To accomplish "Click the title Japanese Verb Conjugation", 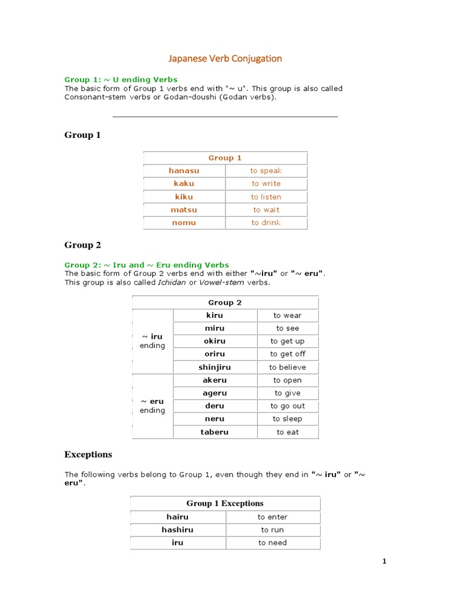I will click(225, 58).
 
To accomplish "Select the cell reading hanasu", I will click(184, 171).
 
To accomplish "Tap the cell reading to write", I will click(266, 184).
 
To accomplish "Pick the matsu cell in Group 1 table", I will click(184, 210).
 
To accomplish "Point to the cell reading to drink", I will click(266, 222).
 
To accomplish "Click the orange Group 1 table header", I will click(225, 158).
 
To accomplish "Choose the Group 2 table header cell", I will click(225, 302).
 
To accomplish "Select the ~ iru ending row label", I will click(153, 341).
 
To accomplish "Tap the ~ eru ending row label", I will click(153, 406).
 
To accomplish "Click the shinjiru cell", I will click(215, 367).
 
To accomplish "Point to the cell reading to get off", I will click(288, 354).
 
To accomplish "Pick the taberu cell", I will click(215, 432).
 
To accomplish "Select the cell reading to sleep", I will click(288, 418).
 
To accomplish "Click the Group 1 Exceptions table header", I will click(225, 503).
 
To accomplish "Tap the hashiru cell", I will click(177, 529).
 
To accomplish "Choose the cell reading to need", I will click(272, 543).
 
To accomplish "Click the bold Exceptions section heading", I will click(88, 454).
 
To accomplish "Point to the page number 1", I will click(385, 562).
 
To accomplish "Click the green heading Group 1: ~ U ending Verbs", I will click(121, 79).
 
